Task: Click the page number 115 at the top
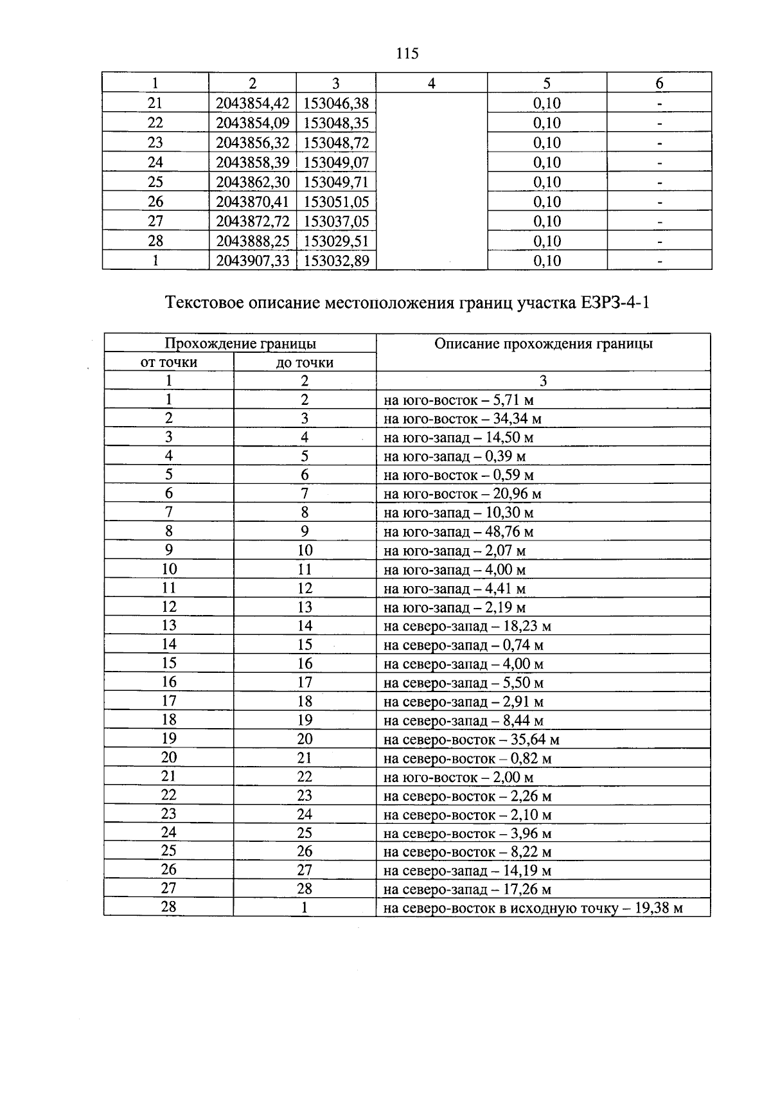pyautogui.click(x=407, y=54)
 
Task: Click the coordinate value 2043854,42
pyautogui.click(x=253, y=103)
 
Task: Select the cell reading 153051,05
pyautogui.click(x=336, y=202)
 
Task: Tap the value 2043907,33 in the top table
pyautogui.click(x=253, y=261)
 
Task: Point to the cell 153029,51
pyautogui.click(x=336, y=241)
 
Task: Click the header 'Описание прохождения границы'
pyautogui.click(x=543, y=344)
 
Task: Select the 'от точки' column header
pyautogui.click(x=168, y=362)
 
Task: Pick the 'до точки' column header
pyautogui.click(x=305, y=362)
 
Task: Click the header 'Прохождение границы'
pyautogui.click(x=240, y=343)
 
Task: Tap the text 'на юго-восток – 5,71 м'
pyautogui.click(x=458, y=400)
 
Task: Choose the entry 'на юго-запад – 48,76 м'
pyautogui.click(x=458, y=532)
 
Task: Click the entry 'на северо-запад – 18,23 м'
pyautogui.click(x=467, y=626)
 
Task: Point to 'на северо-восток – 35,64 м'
pyautogui.click(x=471, y=740)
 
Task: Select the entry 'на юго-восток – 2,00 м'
pyautogui.click(x=458, y=778)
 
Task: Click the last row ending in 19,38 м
pyautogui.click(x=533, y=909)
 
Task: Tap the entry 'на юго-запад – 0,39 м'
pyautogui.click(x=454, y=457)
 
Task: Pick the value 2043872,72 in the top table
pyautogui.click(x=253, y=222)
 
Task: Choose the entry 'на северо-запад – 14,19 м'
pyautogui.click(x=467, y=871)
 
